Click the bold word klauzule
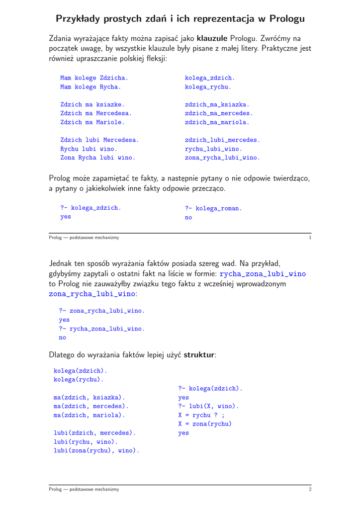[x=212, y=38]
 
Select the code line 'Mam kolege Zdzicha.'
[x=94, y=78]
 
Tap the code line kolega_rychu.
[x=208, y=87]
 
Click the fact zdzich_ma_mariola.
[x=217, y=122]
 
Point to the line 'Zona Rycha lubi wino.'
[x=97, y=158]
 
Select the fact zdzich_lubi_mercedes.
[x=222, y=140]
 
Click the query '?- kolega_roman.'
[x=213, y=208]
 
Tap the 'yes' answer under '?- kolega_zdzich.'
[x=66, y=217]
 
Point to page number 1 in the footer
[x=310, y=238]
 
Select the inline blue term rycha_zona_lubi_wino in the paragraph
[x=263, y=273]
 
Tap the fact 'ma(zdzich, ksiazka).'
[x=89, y=397]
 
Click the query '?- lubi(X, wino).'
[x=208, y=406]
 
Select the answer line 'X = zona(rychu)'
[x=205, y=424]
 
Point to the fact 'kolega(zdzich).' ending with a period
[x=80, y=370]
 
